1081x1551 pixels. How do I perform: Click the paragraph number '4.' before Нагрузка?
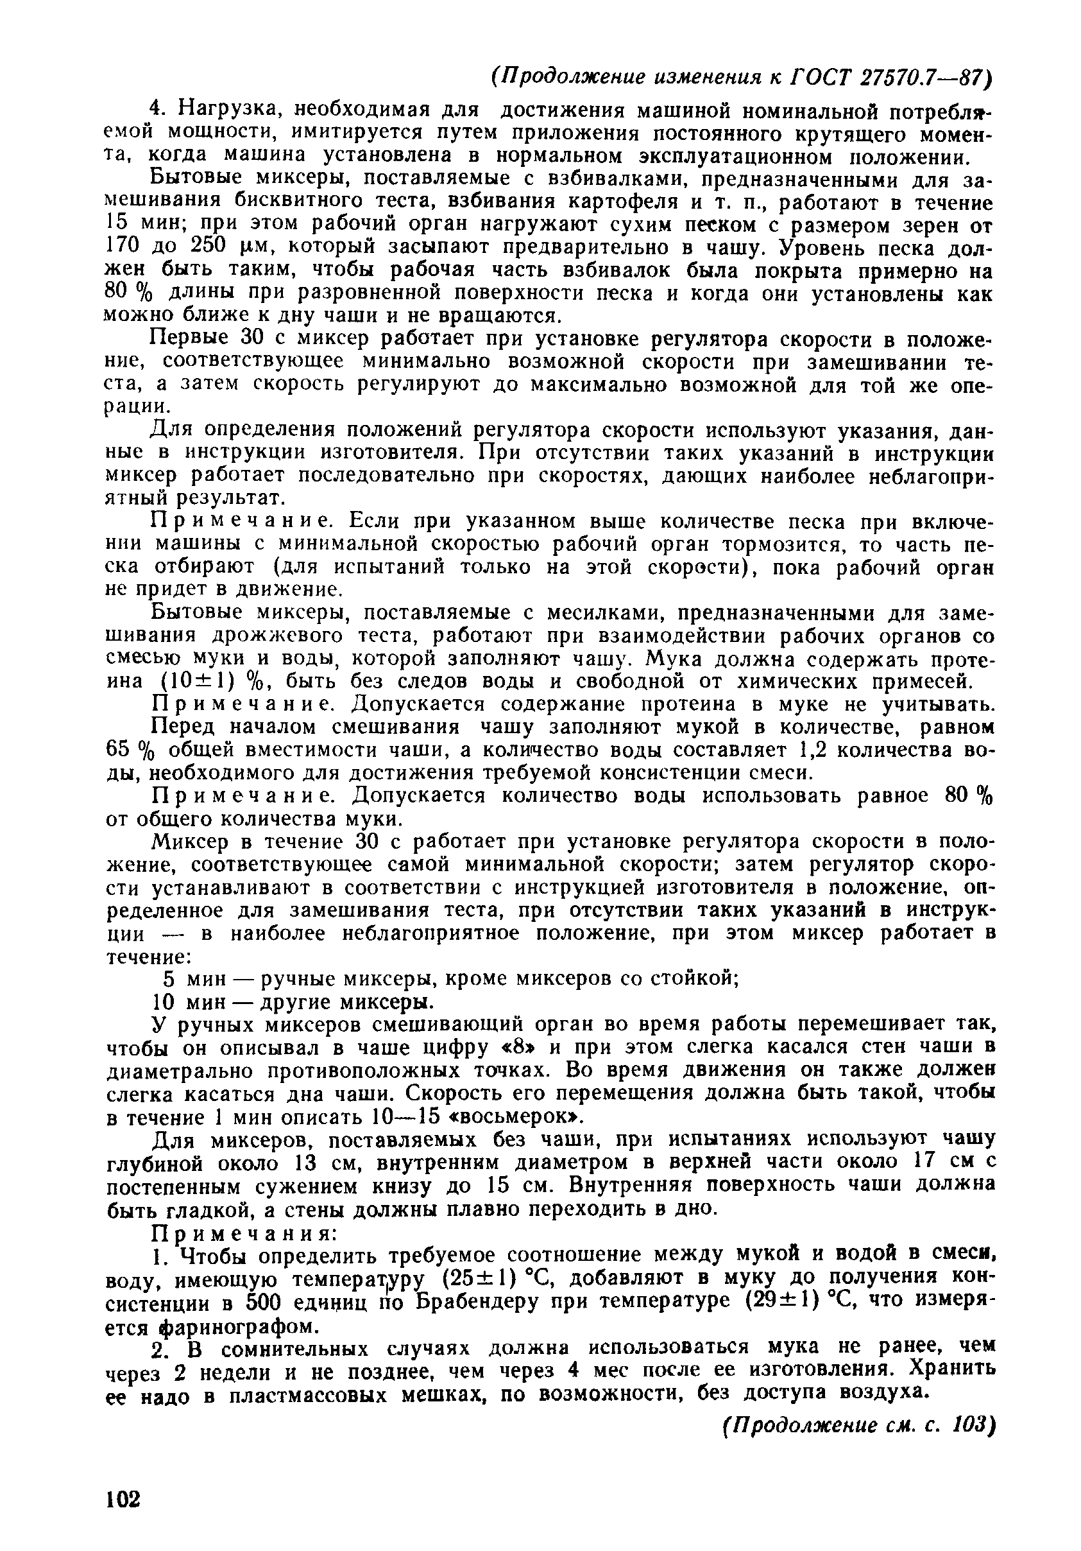[157, 108]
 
